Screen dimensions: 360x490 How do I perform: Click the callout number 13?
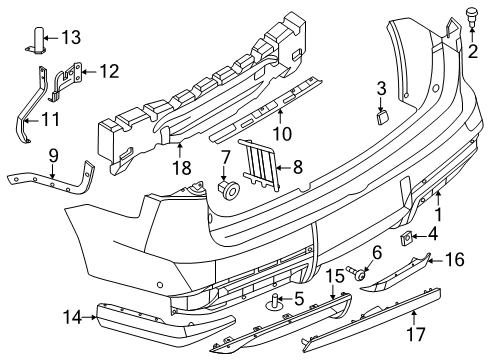click(69, 37)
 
